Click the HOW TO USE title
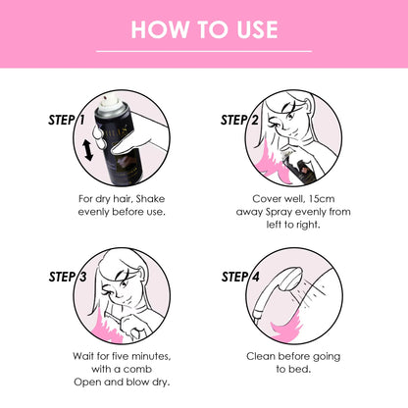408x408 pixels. point(204,28)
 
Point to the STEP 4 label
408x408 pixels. point(241,278)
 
